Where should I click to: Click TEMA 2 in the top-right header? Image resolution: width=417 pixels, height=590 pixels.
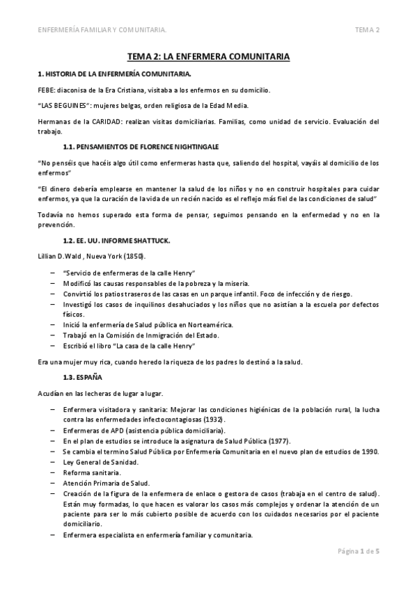[367, 30]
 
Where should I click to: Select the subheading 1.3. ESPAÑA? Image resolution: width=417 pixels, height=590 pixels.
[83, 377]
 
